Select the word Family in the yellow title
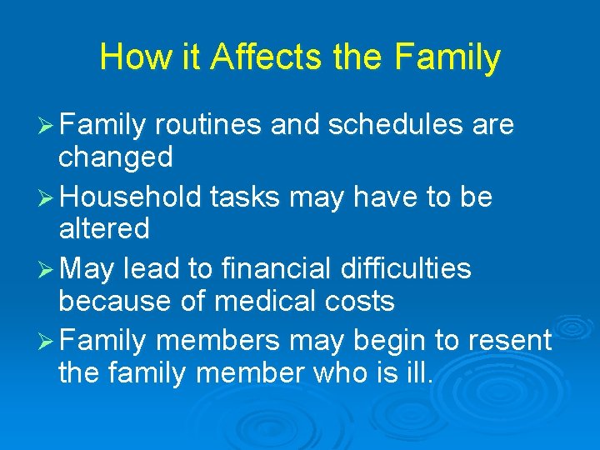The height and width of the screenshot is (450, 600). (x=447, y=57)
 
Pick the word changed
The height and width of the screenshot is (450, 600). (x=116, y=156)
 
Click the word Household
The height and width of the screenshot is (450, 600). (x=132, y=197)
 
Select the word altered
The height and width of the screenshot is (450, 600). (x=104, y=227)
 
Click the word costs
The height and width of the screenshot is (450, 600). (x=360, y=300)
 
